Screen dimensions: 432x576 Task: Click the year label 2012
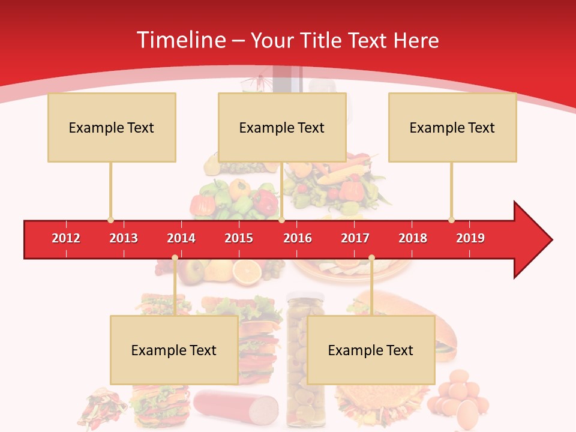[66, 238]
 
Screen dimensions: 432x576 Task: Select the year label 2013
[124, 238]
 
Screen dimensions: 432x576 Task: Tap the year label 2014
[181, 238]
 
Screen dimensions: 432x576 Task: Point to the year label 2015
[239, 238]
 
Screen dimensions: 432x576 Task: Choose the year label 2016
[298, 238]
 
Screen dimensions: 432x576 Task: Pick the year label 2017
[355, 238]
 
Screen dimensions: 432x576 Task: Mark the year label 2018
[413, 238]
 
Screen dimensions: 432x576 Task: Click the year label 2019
[470, 238]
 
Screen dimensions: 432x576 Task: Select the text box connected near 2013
[112, 127]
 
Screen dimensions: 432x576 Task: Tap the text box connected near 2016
[282, 127]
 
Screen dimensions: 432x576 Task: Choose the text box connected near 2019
[452, 127]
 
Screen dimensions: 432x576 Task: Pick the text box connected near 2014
[174, 350]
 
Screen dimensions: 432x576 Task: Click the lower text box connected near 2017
[371, 350]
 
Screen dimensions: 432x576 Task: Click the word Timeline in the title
[180, 40]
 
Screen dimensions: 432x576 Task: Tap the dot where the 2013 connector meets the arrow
[110, 220]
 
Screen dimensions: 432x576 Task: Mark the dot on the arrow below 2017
[371, 258]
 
